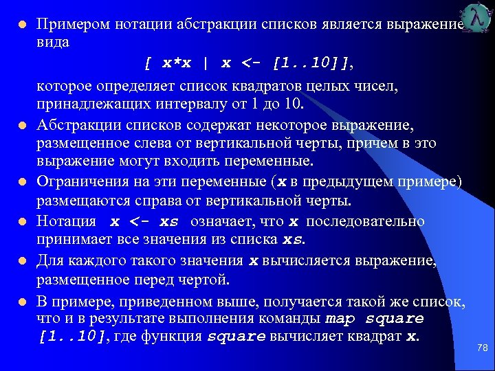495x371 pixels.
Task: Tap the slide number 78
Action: coord(482,348)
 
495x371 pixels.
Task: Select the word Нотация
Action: coord(66,221)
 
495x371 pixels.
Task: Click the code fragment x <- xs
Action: coord(144,222)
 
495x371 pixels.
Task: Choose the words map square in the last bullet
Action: coord(374,319)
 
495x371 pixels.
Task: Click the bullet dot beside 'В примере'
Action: coord(22,300)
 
